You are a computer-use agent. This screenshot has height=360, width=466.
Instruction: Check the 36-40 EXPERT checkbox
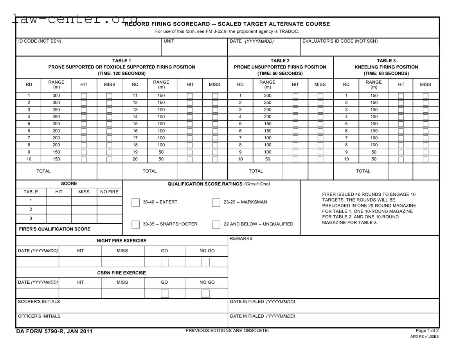pyautogui.click(x=135, y=202)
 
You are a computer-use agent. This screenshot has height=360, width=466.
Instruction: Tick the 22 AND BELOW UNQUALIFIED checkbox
pyautogui.click(x=216, y=224)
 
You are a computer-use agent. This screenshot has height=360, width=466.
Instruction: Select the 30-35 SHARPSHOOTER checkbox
pyautogui.click(x=135, y=224)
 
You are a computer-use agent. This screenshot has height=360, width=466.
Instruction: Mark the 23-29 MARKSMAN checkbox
pyautogui.click(x=216, y=202)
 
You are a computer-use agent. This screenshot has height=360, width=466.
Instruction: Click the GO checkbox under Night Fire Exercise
pyautogui.click(x=165, y=262)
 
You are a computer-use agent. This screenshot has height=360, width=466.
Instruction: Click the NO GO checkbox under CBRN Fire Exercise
pyautogui.click(x=205, y=293)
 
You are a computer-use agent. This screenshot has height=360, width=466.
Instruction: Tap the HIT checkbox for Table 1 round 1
pyautogui.click(x=84, y=96)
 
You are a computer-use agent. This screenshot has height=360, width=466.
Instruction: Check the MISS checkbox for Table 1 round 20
pyautogui.click(x=215, y=159)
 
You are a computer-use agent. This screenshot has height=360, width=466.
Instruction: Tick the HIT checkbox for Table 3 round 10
pyautogui.click(x=401, y=159)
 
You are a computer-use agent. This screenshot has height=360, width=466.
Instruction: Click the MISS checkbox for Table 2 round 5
pyautogui.click(x=320, y=124)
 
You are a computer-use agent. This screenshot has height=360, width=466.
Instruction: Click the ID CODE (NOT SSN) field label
pyautogui.click(x=40, y=41)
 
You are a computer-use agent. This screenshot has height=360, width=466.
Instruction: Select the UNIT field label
pyautogui.click(x=169, y=41)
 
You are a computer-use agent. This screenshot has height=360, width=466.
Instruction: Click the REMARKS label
pyautogui.click(x=241, y=239)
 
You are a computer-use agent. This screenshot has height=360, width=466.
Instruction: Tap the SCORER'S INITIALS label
pyautogui.click(x=39, y=302)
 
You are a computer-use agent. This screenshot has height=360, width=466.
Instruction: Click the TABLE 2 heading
pyautogui.click(x=280, y=61)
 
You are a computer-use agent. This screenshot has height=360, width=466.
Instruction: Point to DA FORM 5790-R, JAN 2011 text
pyautogui.click(x=54, y=331)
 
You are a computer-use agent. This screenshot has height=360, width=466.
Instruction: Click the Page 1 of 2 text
pyautogui.click(x=427, y=331)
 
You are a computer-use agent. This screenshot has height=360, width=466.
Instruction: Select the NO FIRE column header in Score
pyautogui.click(x=109, y=192)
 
